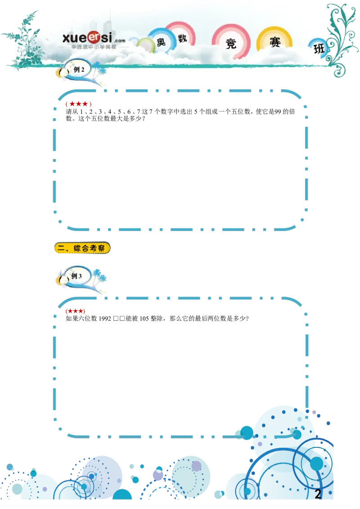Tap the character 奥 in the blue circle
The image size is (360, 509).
161,42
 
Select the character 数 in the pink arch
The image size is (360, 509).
183,38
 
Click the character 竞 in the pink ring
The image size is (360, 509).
231,44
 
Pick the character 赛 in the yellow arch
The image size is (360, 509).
275,42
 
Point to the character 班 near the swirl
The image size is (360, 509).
319,49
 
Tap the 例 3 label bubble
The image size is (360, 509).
76,277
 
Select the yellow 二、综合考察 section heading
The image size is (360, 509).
82,248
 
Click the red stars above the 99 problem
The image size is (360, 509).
79,104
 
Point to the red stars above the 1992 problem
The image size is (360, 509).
76,311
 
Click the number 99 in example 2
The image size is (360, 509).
278,112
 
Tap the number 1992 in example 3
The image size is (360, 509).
105,319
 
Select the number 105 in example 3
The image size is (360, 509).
144,319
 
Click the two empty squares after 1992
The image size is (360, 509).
119,319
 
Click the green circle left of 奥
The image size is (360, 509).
146,45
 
